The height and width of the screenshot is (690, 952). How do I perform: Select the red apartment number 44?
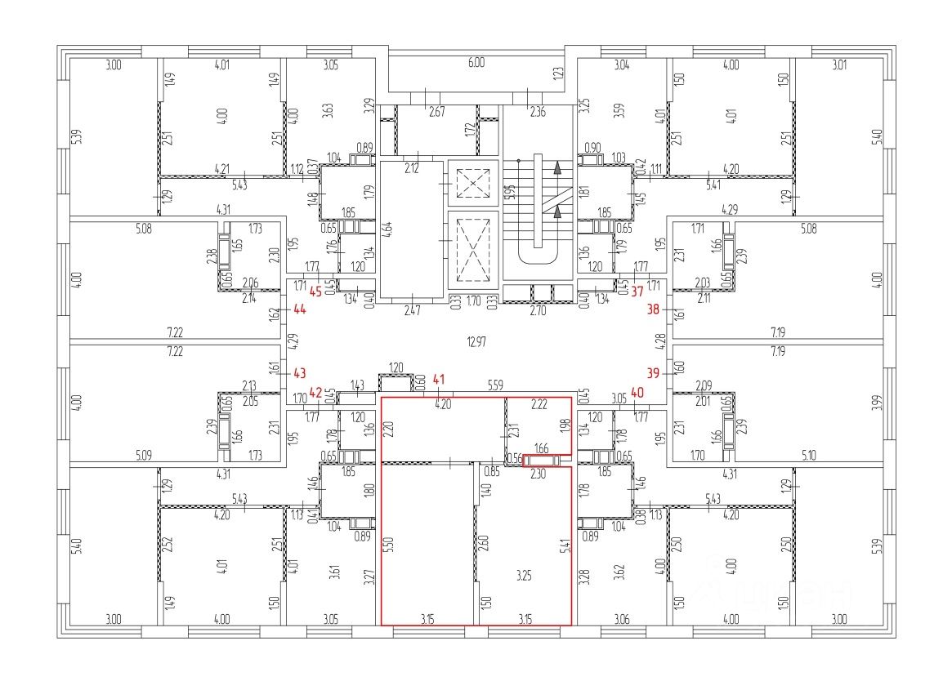tap(299, 310)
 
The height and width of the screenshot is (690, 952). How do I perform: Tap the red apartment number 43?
tap(299, 373)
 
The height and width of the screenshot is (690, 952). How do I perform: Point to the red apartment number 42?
tap(315, 391)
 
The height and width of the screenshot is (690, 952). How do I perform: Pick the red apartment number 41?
tap(440, 379)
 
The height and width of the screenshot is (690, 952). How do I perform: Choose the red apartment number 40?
tap(637, 391)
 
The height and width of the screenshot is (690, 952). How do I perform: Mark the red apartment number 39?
tap(653, 373)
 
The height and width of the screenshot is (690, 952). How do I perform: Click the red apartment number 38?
tap(653, 310)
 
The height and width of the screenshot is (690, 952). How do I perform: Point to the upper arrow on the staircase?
tap(558, 169)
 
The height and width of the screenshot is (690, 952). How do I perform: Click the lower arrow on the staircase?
tap(558, 212)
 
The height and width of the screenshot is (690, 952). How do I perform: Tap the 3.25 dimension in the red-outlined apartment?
tap(524, 576)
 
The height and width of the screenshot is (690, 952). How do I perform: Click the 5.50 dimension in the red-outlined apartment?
tap(389, 545)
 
